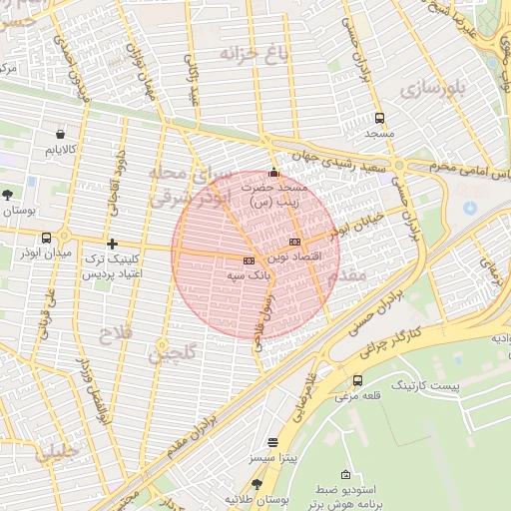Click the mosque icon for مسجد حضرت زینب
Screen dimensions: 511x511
274,172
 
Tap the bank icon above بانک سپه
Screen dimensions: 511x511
249,259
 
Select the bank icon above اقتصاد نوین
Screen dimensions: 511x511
294,243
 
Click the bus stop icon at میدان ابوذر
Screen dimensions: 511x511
47,238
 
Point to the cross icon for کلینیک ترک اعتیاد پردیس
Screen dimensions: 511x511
112,244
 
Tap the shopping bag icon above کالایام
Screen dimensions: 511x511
61,134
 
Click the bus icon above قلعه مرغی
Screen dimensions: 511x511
358,380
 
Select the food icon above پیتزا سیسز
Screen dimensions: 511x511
273,441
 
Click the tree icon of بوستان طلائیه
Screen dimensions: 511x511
257,484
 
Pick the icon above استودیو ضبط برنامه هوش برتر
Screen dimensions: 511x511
346,474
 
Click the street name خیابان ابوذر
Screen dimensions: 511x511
356,231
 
